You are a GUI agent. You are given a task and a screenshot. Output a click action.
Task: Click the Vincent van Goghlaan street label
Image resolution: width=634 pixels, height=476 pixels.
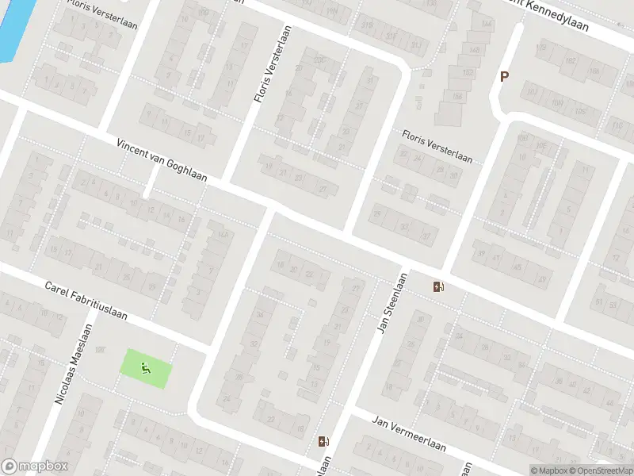[x=161, y=161]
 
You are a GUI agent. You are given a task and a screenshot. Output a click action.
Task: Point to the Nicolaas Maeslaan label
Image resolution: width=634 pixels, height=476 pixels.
[x=74, y=365]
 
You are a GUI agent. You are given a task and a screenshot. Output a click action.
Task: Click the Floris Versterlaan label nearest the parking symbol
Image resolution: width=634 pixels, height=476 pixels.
[x=437, y=147]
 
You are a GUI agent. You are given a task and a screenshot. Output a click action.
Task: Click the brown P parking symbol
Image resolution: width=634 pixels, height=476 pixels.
[x=502, y=77]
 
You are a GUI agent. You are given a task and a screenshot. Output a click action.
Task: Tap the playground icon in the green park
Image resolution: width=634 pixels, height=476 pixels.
[x=144, y=368]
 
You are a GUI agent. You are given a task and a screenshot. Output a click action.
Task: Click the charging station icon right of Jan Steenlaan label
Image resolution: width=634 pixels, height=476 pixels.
[x=438, y=286]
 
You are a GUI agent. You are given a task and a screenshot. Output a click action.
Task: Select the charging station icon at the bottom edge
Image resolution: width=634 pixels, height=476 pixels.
[x=323, y=442]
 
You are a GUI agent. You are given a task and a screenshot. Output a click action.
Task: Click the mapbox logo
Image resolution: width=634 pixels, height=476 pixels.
[x=35, y=466]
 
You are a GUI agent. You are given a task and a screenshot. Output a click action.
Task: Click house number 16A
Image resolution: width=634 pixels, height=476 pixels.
[x=223, y=235]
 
